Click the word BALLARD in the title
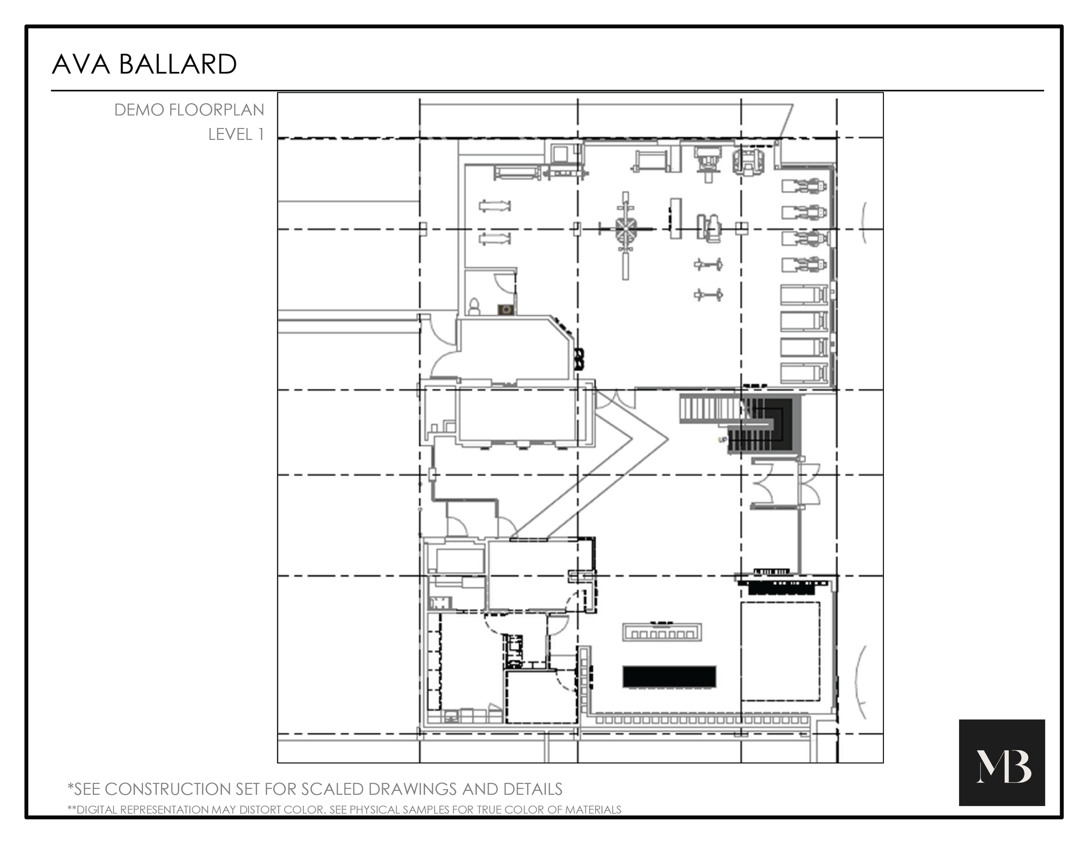pyautogui.click(x=178, y=65)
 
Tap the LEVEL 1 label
pyautogui.click(x=235, y=135)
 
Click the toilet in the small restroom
pyautogui.click(x=474, y=306)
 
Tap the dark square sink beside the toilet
pyautogui.click(x=506, y=310)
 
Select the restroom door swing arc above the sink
pyautogui.click(x=503, y=284)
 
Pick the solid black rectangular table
pyautogui.click(x=669, y=676)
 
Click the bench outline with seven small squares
pyautogui.click(x=662, y=633)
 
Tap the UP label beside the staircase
pyautogui.click(x=722, y=439)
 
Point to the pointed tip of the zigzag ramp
pyautogui.click(x=668, y=438)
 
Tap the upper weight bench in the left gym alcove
pyautogui.click(x=495, y=205)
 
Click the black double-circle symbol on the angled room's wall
pyautogui.click(x=579, y=359)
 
